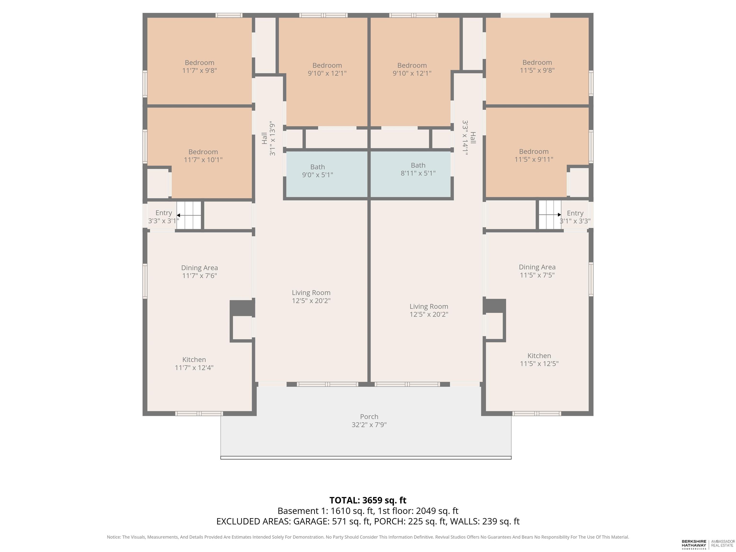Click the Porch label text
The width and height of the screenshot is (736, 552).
[369, 417]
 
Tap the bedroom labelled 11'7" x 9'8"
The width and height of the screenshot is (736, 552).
[199, 61]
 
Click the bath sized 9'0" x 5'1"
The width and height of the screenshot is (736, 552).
[326, 174]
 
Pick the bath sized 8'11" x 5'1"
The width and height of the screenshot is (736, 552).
[411, 174]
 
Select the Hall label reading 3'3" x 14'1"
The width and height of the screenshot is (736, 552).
[469, 138]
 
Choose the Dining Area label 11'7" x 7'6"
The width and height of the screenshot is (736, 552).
[199, 271]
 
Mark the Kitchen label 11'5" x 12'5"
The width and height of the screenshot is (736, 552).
[539, 360]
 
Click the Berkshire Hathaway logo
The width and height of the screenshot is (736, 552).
[694, 544]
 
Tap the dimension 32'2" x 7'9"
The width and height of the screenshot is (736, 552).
[369, 425]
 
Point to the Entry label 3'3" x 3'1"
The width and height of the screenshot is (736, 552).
[164, 217]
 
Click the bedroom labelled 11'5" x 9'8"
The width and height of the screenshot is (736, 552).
[537, 61]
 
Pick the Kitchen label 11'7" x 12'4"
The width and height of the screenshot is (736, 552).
[194, 364]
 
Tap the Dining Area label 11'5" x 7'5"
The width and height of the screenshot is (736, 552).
[537, 271]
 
